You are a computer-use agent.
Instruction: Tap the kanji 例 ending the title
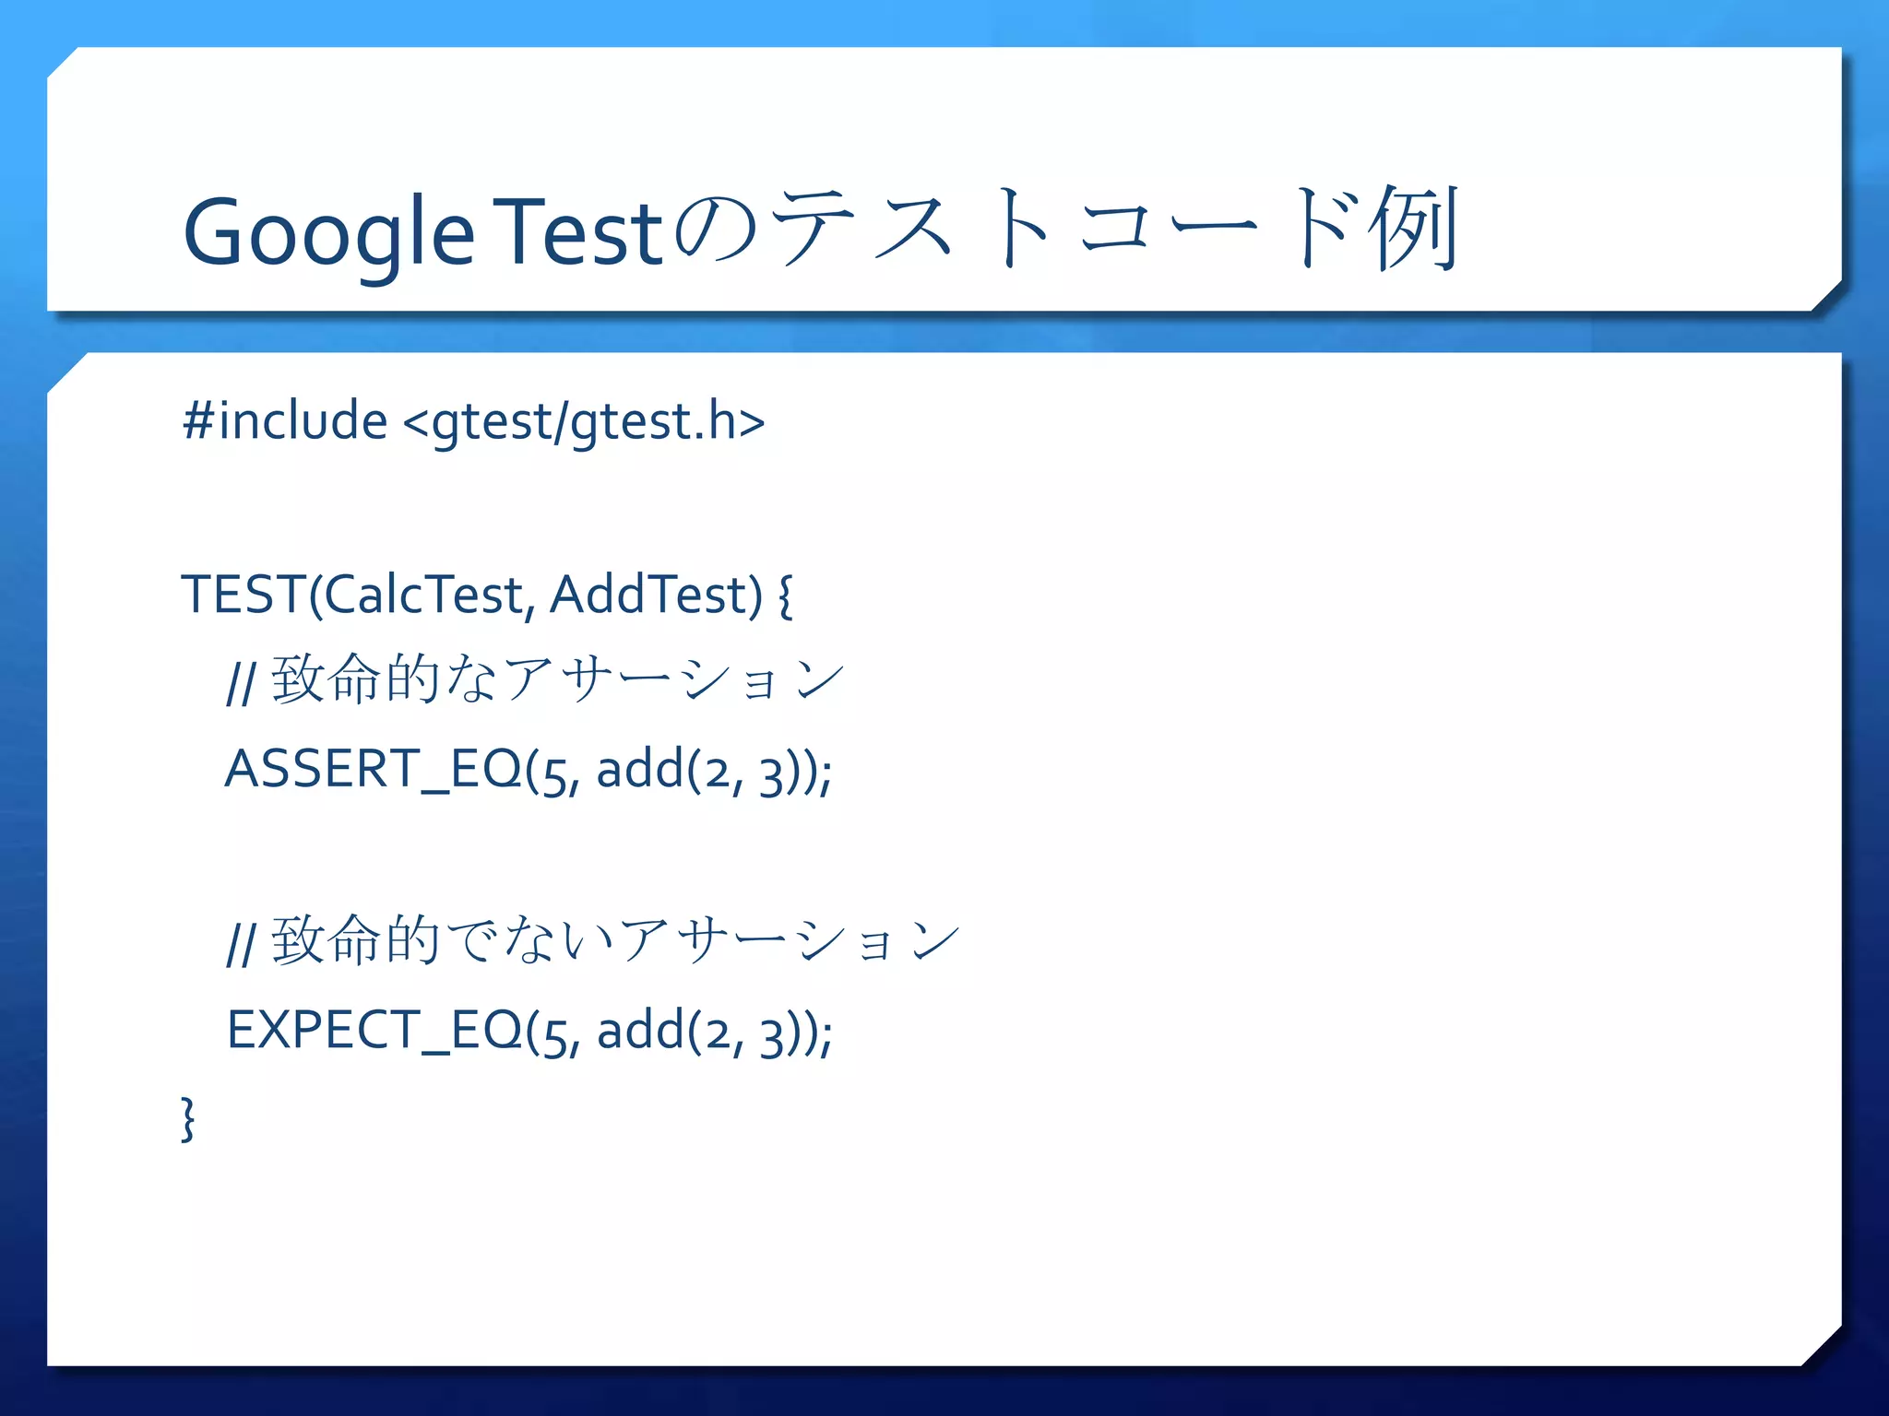pos(1413,228)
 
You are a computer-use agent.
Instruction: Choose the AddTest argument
pos(655,594)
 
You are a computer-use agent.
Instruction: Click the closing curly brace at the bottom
pos(188,1118)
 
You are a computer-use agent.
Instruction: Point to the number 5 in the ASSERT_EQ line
pos(553,775)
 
